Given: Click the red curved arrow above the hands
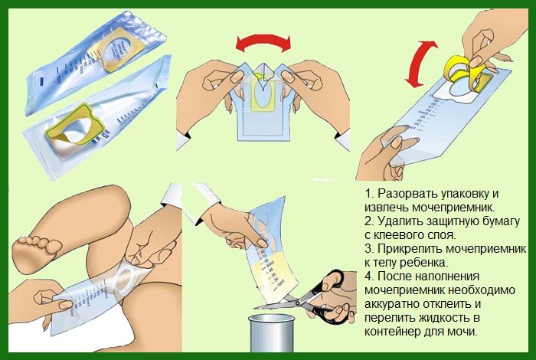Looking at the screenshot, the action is coord(263,40).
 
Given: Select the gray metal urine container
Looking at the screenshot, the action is coord(271,333).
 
